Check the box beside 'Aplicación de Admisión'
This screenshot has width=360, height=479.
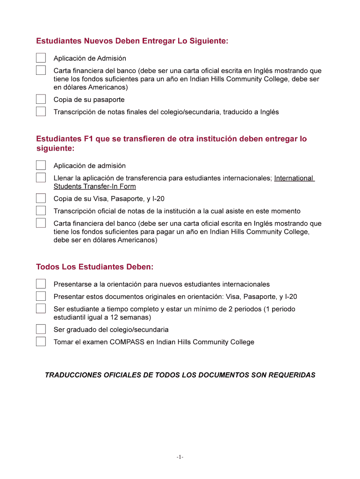pos(41,58)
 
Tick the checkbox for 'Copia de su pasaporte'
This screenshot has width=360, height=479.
pos(41,99)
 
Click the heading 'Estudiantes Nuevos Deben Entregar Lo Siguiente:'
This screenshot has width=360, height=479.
pos(132,41)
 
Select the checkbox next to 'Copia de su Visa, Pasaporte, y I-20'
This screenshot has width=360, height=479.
pos(41,198)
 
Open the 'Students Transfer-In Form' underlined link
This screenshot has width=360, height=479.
pos(94,187)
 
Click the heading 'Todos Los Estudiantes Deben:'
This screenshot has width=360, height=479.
pos(95,267)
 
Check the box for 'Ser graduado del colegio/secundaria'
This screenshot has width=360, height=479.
pos(41,329)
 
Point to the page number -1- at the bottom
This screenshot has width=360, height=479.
pos(180,457)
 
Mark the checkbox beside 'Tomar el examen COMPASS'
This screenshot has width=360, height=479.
pos(41,341)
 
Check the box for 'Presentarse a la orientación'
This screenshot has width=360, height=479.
pos(41,284)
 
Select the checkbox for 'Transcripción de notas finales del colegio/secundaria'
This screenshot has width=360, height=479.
pos(41,112)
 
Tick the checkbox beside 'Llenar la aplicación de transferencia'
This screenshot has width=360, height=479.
pos(41,178)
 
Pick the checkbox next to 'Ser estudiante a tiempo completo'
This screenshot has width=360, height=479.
pos(41,309)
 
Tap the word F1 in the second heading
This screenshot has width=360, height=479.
pos(89,139)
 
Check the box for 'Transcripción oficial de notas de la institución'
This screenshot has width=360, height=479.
pos(41,211)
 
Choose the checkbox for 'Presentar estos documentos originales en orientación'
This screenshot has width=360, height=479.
pos(41,296)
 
